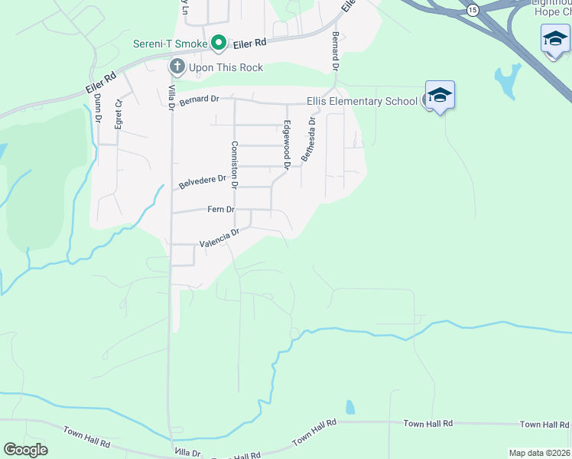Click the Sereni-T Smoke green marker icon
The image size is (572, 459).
(x=218, y=44)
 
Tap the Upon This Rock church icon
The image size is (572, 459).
(x=177, y=67)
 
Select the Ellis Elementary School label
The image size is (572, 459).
(x=362, y=101)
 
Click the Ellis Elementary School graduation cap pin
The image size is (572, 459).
(x=440, y=96)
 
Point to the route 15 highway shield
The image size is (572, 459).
(x=473, y=9)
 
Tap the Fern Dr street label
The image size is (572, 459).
(x=220, y=209)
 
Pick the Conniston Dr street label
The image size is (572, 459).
(x=235, y=164)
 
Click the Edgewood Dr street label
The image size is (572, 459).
(x=288, y=145)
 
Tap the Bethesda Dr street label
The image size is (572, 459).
(x=307, y=139)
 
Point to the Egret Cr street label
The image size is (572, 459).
(x=119, y=114)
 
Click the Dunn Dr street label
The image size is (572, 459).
(x=98, y=109)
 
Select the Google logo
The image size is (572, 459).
(x=25, y=450)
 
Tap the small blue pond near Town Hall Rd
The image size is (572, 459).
(x=349, y=407)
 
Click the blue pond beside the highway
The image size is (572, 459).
(x=506, y=77)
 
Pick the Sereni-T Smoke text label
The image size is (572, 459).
(x=170, y=44)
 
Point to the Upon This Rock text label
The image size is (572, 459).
(x=226, y=67)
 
